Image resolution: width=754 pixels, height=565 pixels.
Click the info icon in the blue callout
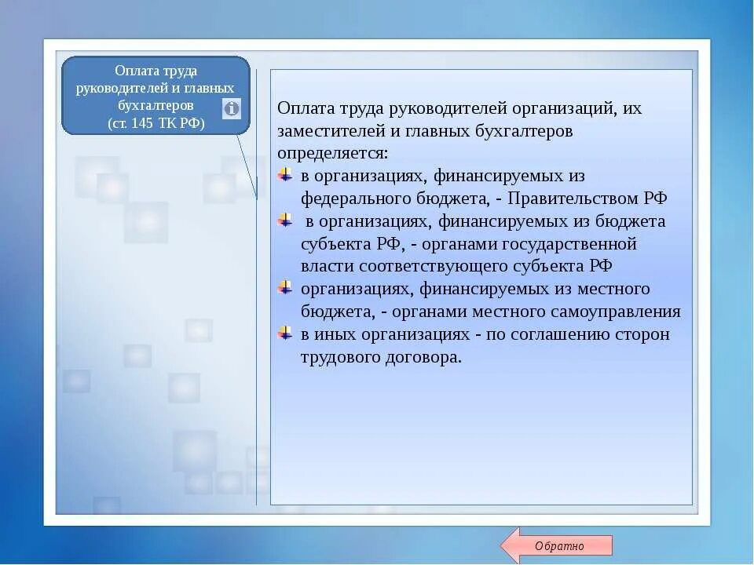232,108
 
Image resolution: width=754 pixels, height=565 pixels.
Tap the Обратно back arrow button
558,546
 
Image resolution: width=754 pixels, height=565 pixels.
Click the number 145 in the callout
149,124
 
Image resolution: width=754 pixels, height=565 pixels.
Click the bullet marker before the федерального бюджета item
286,175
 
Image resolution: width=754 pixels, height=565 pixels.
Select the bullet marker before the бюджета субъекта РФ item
286,221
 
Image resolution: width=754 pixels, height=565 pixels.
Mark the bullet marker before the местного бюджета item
286,289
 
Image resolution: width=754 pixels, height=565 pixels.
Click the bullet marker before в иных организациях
286,334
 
